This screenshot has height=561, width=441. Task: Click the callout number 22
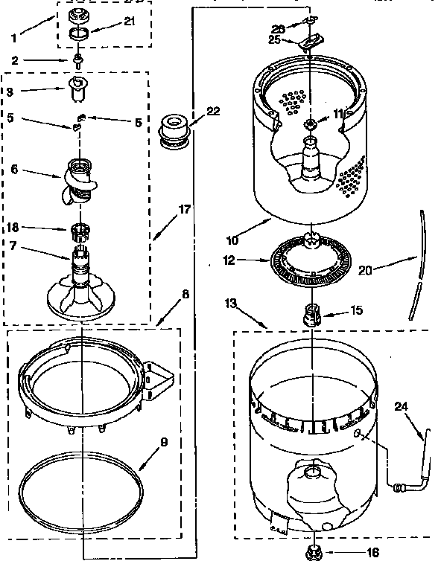(213, 112)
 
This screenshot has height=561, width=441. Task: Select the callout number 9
(164, 442)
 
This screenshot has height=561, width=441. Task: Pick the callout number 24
(402, 406)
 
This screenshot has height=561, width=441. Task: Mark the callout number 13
(232, 302)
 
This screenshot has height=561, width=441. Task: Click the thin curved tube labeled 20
(416, 260)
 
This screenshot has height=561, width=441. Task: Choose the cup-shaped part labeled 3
(77, 91)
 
